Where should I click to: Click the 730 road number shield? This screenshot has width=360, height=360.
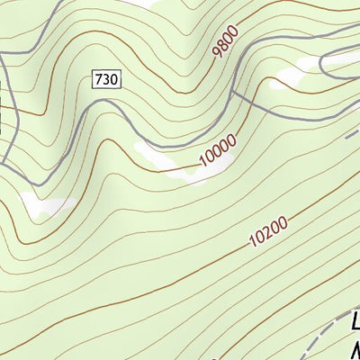[105, 80]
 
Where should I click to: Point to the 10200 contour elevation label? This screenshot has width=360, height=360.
[269, 232]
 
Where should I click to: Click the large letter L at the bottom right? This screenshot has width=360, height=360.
[354, 322]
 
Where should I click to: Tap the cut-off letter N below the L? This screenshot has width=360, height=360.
[354, 349]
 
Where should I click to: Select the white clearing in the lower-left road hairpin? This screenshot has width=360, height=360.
[49, 205]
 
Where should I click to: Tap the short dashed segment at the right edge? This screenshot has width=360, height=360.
[352, 135]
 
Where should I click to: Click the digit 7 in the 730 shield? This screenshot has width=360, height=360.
[98, 80]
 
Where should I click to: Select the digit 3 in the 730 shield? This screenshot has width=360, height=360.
[105, 80]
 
